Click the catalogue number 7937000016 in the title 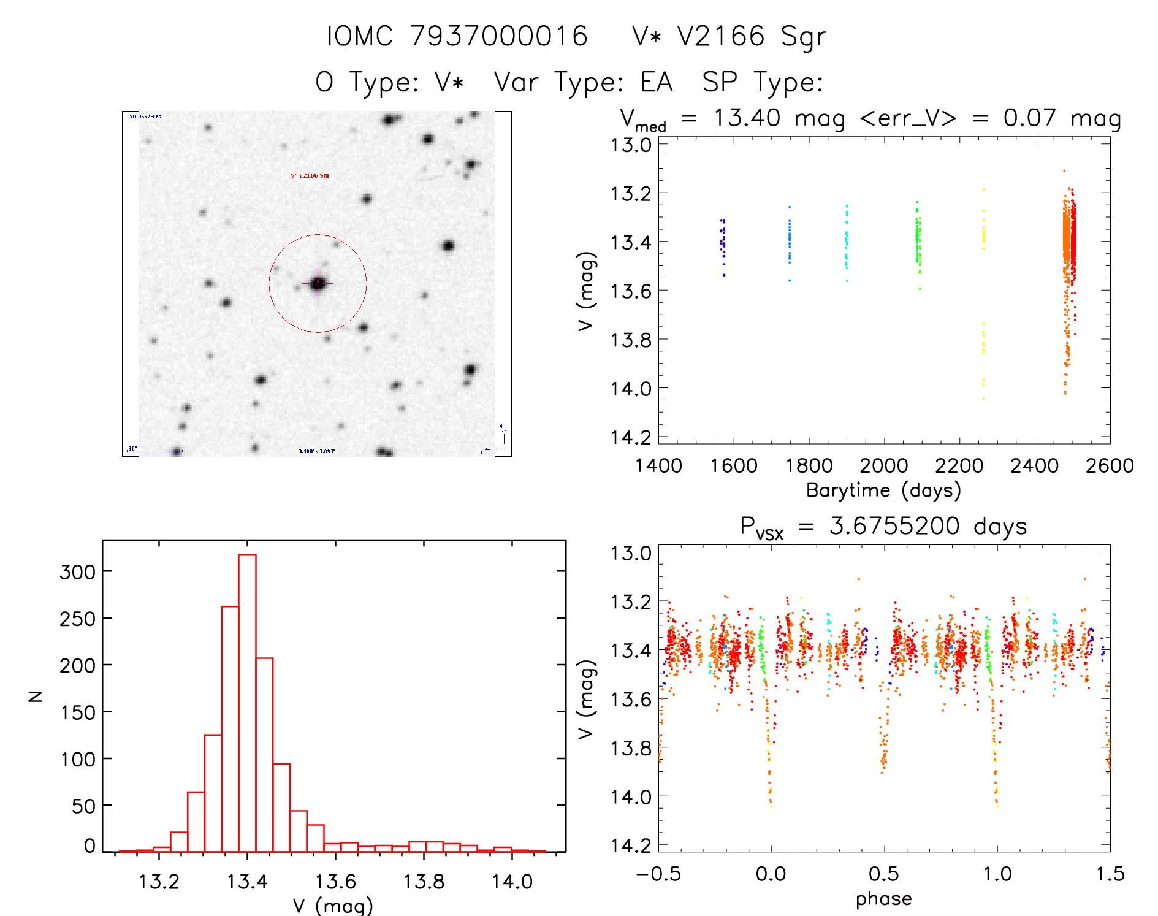(498, 36)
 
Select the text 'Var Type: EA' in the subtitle (583, 82)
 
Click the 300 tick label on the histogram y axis (78, 571)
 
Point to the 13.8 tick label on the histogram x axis (424, 882)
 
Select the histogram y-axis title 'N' (36, 696)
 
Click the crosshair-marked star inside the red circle (318, 283)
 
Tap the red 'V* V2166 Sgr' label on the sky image (310, 176)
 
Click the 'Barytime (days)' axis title (883, 490)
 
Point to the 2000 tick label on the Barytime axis (883, 466)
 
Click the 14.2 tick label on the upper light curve (631, 437)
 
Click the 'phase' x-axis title (883, 899)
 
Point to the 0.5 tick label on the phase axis (883, 874)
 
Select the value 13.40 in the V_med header (747, 118)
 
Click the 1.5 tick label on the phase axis (1110, 874)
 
